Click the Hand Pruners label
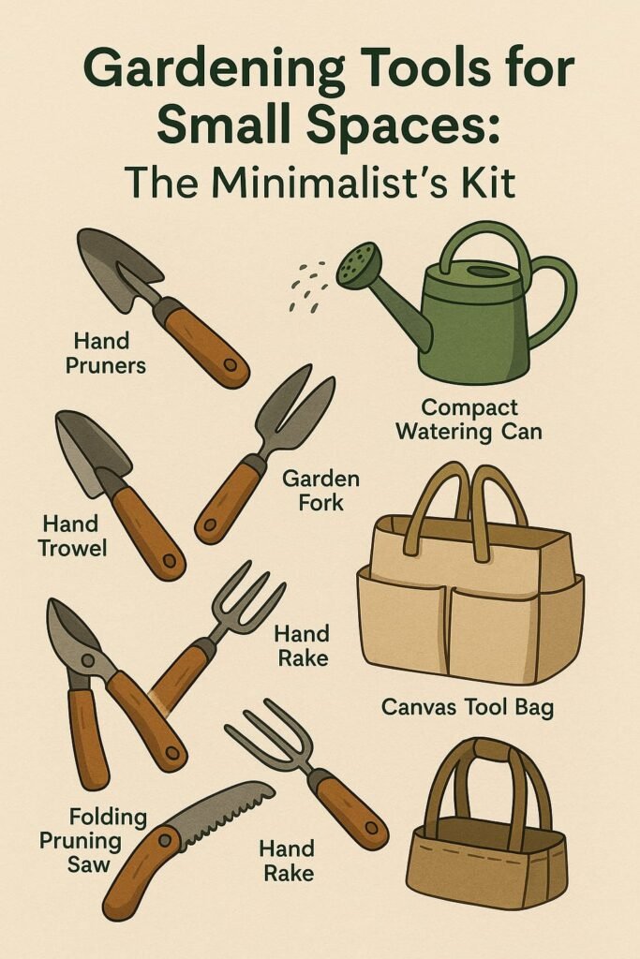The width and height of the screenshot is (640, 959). point(105,352)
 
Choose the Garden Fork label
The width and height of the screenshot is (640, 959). point(320,490)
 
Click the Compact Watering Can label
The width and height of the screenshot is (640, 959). point(469,419)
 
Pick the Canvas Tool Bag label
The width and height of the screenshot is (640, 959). point(468,708)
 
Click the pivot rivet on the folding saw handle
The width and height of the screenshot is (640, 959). point(164,839)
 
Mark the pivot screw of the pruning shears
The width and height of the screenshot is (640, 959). point(89,659)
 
